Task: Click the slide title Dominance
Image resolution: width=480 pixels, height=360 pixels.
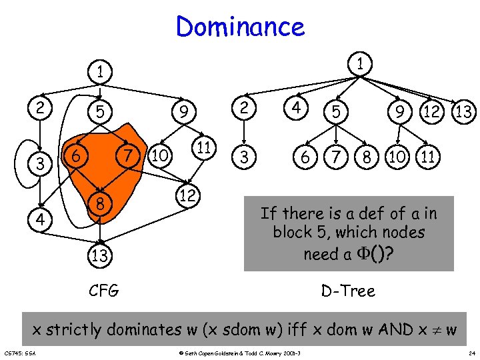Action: tap(240, 27)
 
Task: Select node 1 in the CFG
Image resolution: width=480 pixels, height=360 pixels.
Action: tap(100, 71)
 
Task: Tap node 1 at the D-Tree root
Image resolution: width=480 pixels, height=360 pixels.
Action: tap(361, 64)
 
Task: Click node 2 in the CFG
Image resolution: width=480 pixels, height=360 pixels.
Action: tap(41, 108)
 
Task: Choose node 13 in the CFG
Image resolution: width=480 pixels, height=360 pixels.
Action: tap(100, 255)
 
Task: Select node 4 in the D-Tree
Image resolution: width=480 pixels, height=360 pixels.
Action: tap(292, 107)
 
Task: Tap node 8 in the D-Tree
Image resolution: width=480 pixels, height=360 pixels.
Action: tap(366, 158)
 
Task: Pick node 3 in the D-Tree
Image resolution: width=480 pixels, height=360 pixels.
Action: tap(246, 158)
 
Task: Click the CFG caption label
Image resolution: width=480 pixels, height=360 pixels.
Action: tap(104, 291)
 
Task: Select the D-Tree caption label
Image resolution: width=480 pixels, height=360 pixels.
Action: tap(348, 291)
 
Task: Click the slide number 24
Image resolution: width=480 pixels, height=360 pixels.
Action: tap(471, 353)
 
